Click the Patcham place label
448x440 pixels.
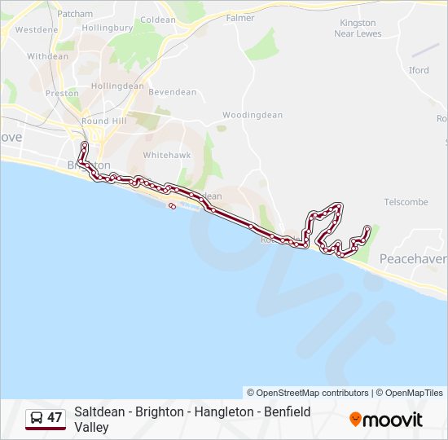(75, 14)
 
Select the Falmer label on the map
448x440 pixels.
(240, 17)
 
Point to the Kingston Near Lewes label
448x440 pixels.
(358, 28)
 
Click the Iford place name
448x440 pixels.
(419, 70)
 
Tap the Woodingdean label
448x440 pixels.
(253, 115)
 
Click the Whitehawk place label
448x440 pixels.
(166, 154)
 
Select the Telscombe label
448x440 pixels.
(406, 201)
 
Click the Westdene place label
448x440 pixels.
(37, 29)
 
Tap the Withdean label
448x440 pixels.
(48, 56)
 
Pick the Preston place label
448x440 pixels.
(62, 93)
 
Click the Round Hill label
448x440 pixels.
(103, 121)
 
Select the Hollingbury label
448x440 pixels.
(108, 27)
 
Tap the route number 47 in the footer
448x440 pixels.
(55, 418)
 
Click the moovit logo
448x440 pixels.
(386, 420)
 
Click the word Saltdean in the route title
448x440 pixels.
(99, 412)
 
